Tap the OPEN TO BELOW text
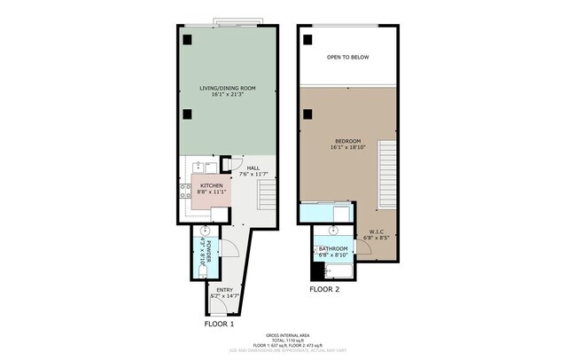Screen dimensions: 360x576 347,58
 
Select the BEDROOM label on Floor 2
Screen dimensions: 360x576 347,142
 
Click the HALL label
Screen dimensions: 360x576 253,168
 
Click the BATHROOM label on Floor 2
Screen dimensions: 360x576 333,249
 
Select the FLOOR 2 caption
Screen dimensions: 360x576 323,289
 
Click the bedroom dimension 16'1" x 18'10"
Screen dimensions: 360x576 347,149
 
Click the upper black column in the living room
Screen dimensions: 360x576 188,40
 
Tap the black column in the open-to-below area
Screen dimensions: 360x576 307,39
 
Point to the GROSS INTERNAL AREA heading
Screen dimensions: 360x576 288,335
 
